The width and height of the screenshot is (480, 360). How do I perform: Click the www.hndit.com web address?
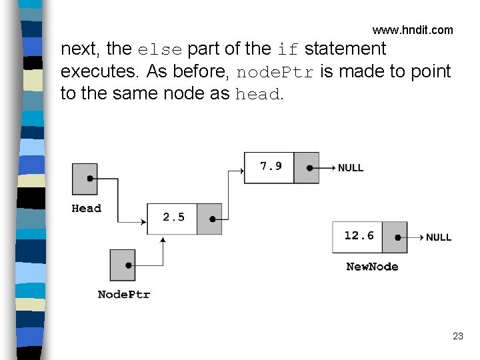[412, 30]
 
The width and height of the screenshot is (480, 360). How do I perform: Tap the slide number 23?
[457, 336]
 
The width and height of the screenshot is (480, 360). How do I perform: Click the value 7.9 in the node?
[271, 166]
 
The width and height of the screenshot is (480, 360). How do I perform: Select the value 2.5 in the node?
[173, 217]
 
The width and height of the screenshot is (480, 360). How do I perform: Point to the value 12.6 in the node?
[359, 235]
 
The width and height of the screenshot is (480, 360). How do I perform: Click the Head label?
[87, 208]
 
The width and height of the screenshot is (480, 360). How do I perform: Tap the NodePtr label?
[124, 294]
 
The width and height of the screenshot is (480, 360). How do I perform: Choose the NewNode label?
[372, 267]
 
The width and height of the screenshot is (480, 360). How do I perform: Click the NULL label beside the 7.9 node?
[351, 168]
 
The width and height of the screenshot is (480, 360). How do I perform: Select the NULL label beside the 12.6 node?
[439, 237]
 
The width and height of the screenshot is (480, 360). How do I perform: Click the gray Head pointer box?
[85, 179]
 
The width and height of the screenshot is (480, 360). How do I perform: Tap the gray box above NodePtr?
[123, 265]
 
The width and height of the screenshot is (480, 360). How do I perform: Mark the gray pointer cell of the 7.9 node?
[307, 167]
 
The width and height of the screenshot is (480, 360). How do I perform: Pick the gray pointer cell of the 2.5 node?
[209, 219]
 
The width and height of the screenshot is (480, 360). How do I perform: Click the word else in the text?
[160, 49]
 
